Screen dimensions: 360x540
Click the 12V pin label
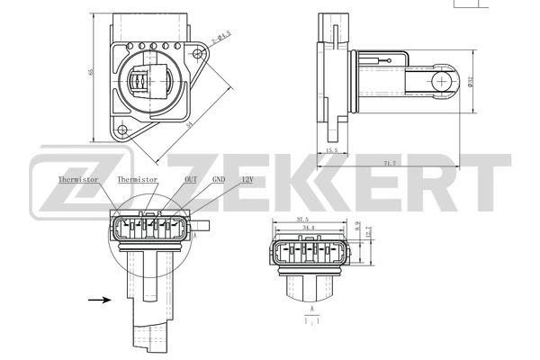(247, 180)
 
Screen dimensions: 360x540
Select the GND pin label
(219, 180)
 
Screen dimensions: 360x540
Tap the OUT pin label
(191, 180)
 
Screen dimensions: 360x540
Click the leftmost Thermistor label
(77, 180)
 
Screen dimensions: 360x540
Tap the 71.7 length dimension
(389, 163)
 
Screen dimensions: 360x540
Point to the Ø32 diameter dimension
(471, 82)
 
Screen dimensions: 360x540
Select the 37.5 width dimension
(302, 220)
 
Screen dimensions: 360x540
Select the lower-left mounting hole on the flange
(120, 130)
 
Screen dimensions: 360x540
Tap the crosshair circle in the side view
(441, 82)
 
